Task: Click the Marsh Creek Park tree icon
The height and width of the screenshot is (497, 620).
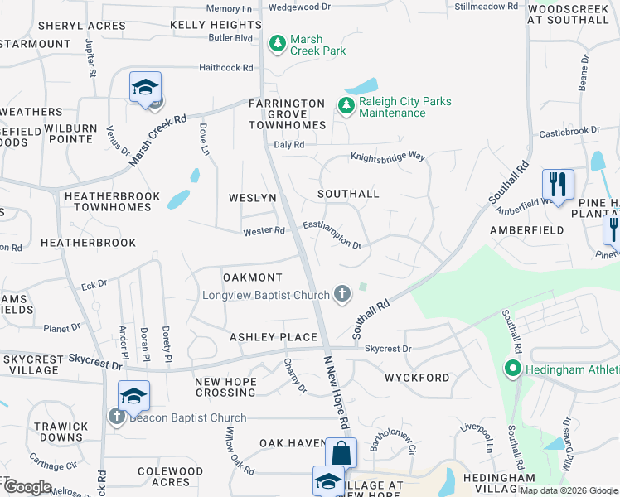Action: [x=278, y=41]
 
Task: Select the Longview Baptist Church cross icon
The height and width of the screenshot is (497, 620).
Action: [x=341, y=293]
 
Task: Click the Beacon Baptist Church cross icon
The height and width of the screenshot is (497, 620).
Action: [x=116, y=417]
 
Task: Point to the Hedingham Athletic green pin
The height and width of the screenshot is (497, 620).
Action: [x=513, y=369]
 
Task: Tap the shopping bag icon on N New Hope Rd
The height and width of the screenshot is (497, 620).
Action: [x=341, y=453]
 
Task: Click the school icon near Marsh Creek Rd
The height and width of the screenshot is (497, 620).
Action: [x=145, y=88]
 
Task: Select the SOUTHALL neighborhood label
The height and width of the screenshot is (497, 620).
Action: [x=348, y=194]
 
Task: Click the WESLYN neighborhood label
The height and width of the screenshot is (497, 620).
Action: [x=253, y=198]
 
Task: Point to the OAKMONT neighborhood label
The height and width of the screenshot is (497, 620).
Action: [x=253, y=277]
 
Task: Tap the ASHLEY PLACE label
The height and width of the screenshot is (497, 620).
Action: [x=274, y=337]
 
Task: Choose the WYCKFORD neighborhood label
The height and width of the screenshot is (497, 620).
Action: [x=417, y=378]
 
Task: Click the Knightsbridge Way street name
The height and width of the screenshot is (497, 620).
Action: [x=387, y=156]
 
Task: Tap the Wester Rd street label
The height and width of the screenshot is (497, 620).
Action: [x=264, y=231]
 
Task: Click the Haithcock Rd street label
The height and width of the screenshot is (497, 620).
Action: [x=225, y=68]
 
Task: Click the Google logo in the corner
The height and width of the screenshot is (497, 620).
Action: [x=27, y=487]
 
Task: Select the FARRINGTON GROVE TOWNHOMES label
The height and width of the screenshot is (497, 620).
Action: [x=288, y=114]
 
